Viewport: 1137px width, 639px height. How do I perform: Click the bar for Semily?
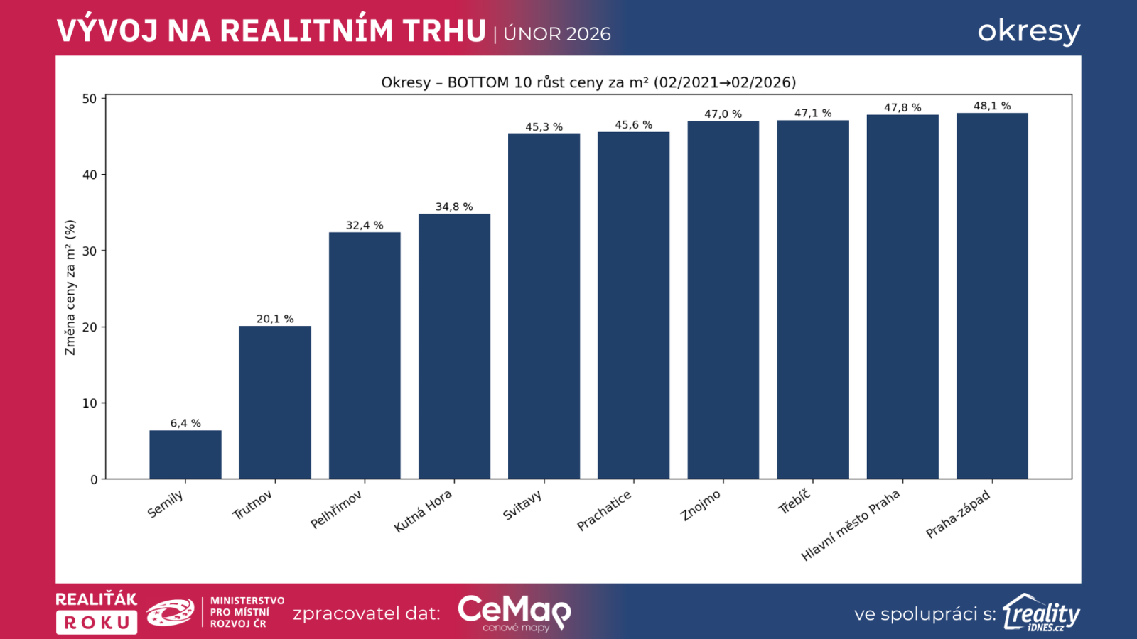pos(185,454)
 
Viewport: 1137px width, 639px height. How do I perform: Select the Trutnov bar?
pos(274,403)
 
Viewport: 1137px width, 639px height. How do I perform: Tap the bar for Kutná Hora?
pos(454,346)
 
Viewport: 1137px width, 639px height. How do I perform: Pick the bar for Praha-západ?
pos(992,296)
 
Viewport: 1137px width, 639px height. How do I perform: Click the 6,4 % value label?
pos(185,423)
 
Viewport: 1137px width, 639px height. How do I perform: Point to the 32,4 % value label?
pos(365,225)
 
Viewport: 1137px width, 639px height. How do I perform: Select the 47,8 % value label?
pos(902,107)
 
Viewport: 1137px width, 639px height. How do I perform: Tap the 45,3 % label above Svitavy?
pos(544,127)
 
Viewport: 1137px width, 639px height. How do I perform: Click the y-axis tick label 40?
pos(90,175)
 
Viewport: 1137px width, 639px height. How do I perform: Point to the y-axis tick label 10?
pos(90,403)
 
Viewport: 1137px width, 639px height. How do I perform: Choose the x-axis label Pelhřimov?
pos(336,510)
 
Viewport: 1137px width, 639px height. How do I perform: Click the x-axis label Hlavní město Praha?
pos(851,525)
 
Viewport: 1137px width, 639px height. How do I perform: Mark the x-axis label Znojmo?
pos(701,506)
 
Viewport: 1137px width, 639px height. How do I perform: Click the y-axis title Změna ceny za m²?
pos(70,288)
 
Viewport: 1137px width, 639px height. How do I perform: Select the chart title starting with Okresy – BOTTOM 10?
pos(588,82)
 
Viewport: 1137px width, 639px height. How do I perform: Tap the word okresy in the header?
pos(1028,31)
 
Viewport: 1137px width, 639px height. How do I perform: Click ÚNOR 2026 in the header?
pos(557,34)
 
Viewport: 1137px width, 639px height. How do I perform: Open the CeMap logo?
pos(514,613)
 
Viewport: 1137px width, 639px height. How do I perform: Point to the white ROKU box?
pos(97,623)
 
